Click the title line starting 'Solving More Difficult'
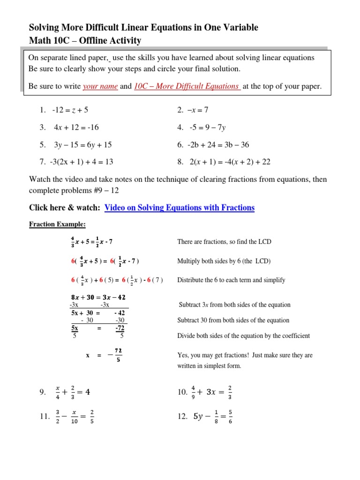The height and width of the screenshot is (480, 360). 143,28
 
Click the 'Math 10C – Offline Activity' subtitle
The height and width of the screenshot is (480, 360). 85,41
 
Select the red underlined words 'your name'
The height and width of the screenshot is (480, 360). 100,87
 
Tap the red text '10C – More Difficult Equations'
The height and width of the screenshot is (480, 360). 187,87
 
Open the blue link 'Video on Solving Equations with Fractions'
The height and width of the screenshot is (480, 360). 180,208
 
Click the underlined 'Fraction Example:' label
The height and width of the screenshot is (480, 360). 57,224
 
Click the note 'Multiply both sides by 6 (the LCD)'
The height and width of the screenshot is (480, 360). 224,261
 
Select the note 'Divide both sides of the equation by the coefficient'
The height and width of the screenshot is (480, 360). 243,336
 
